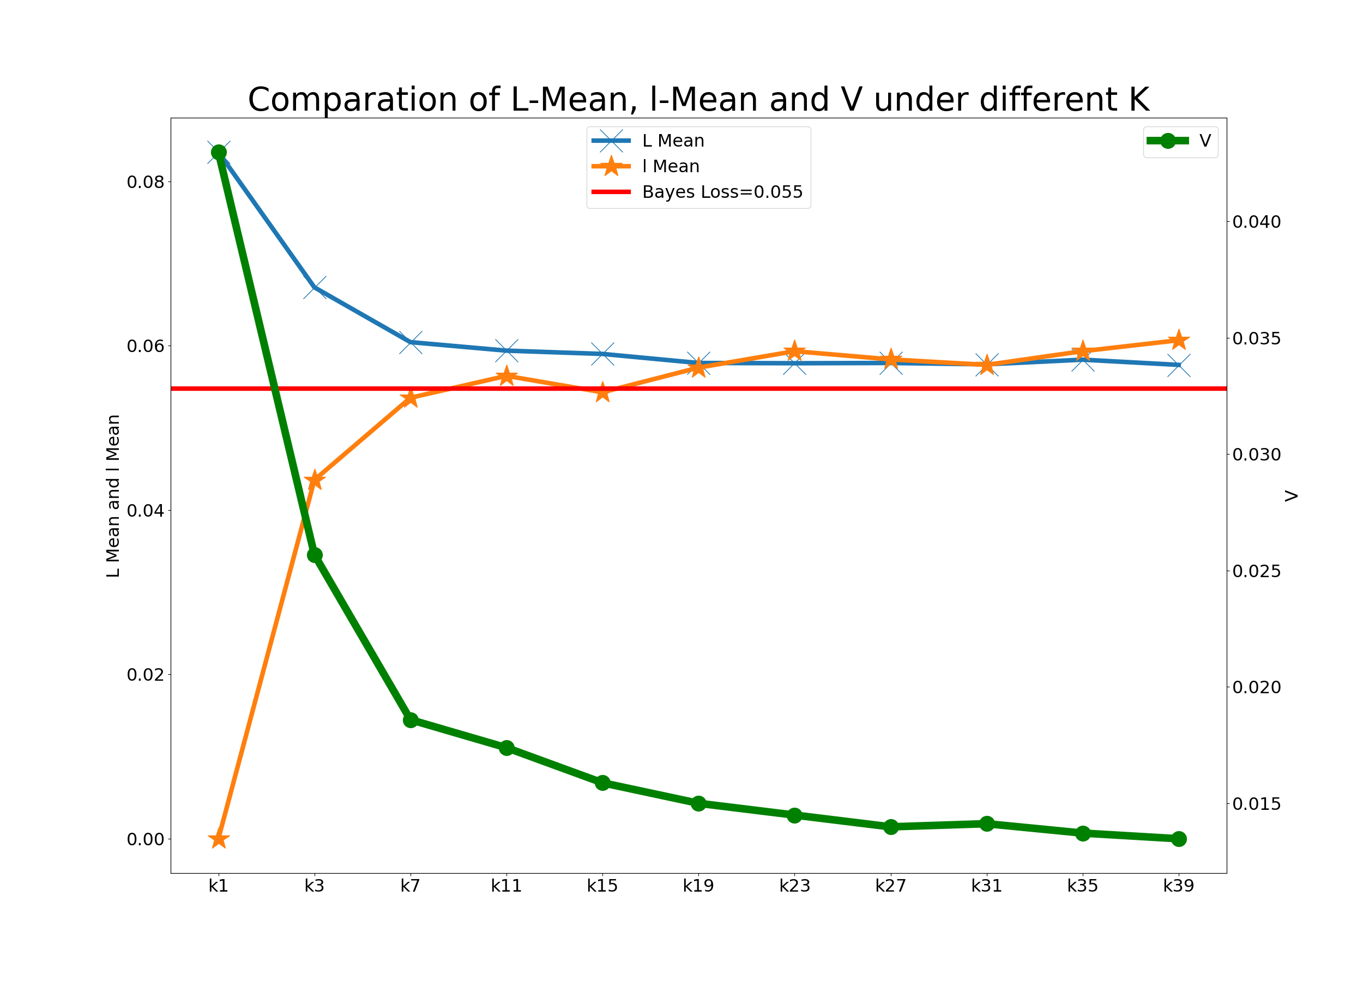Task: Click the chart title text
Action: (698, 100)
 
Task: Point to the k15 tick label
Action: (602, 886)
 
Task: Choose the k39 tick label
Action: (1179, 886)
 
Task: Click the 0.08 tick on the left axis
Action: (145, 182)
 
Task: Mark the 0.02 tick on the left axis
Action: (145, 675)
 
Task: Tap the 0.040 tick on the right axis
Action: (1257, 222)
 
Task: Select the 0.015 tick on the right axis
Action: (1257, 804)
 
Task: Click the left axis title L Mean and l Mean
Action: (113, 496)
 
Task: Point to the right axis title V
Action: (1291, 496)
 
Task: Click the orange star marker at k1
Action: (219, 839)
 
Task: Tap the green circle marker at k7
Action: (411, 720)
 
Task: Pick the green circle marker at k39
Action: (1179, 839)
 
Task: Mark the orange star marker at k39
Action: (1179, 340)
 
